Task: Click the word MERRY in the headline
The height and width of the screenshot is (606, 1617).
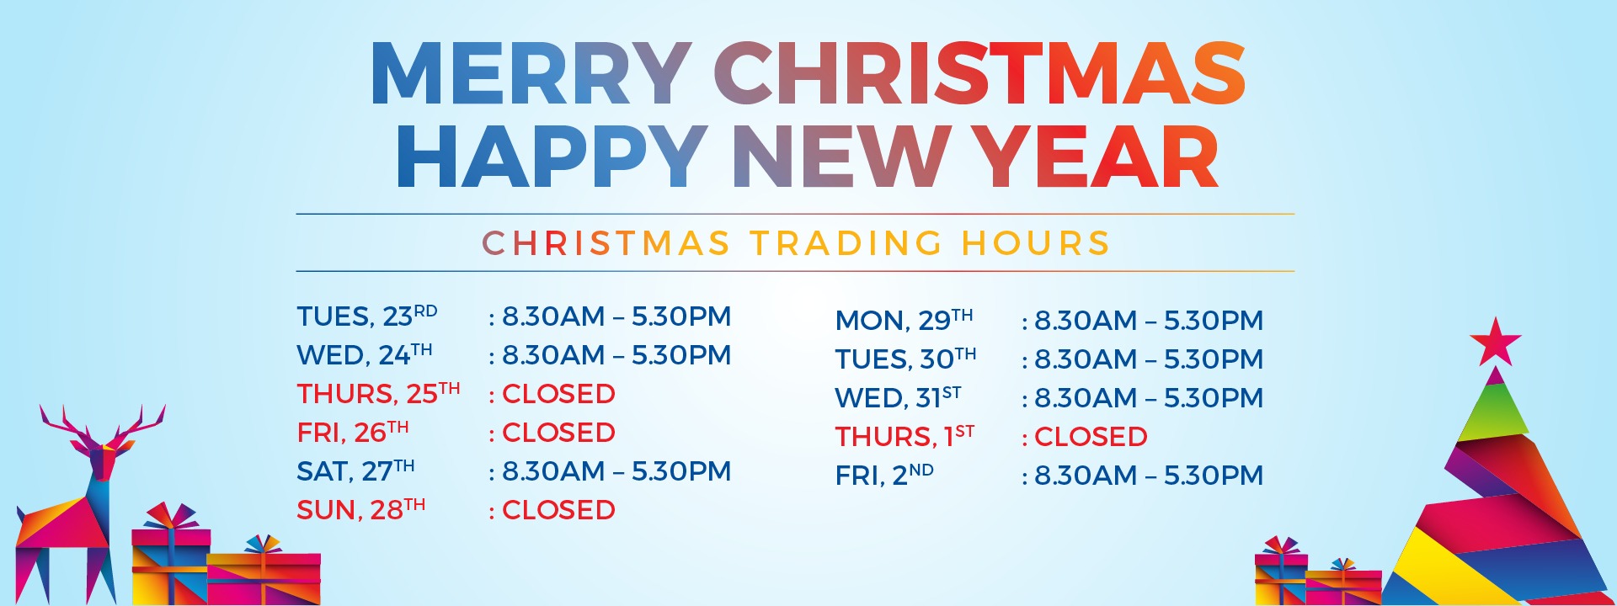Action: [531, 74]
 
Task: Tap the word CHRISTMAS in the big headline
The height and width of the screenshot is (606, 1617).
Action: [979, 74]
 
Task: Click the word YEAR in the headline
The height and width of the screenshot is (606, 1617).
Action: [1097, 157]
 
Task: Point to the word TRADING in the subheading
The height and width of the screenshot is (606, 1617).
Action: [846, 243]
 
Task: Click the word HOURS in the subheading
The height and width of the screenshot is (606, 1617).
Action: [1036, 243]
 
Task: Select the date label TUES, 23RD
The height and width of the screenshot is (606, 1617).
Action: [367, 316]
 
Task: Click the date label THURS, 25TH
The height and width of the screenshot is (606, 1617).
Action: [378, 393]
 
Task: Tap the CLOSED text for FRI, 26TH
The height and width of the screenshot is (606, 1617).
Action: [558, 433]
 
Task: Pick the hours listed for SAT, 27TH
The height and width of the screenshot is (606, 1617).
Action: [616, 471]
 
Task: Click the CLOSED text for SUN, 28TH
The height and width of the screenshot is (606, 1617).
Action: [558, 510]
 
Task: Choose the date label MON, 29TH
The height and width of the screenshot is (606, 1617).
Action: [904, 320]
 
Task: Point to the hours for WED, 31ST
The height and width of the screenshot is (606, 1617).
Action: [1149, 398]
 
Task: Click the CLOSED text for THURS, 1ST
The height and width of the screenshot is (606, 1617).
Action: [1091, 437]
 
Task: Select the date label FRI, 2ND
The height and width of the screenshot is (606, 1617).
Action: [884, 475]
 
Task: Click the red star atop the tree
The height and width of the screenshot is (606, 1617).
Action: [1496, 342]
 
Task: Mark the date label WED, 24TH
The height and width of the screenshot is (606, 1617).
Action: [365, 354]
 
